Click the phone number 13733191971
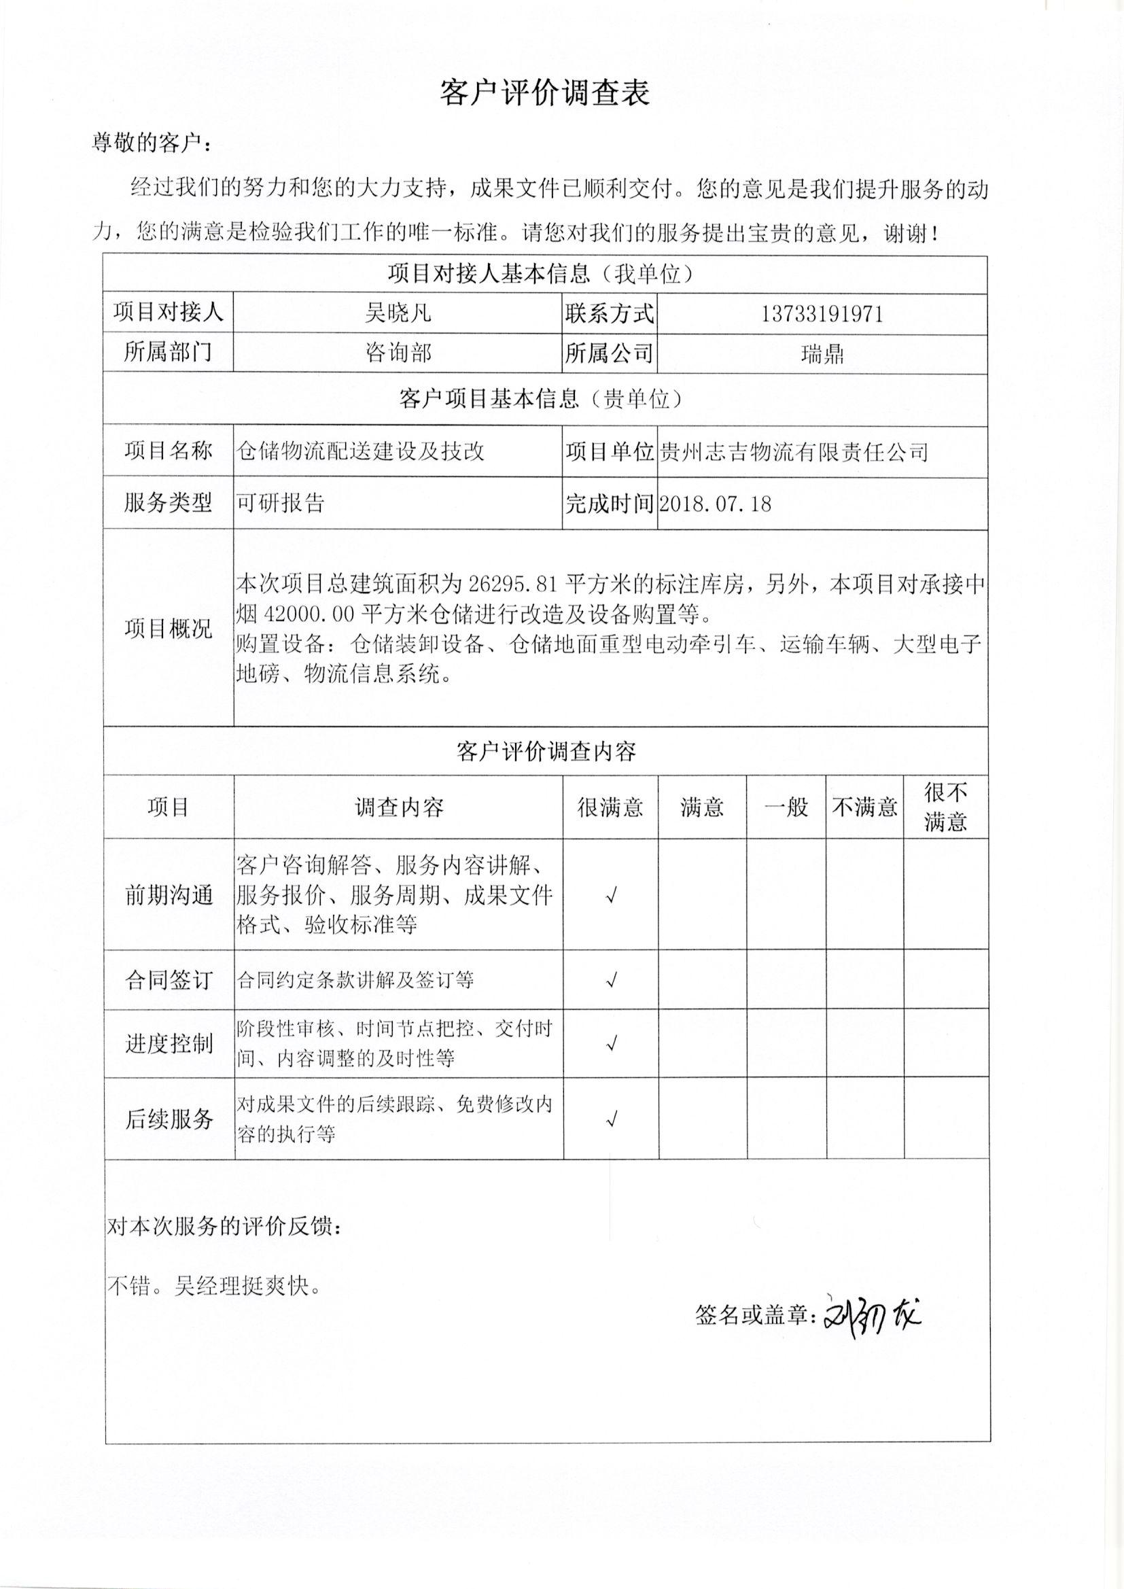[822, 314]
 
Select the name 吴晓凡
[398, 313]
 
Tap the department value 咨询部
[398, 353]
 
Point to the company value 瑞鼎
[822, 354]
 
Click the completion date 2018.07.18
[716, 503]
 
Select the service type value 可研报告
[280, 502]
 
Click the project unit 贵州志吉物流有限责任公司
[793, 452]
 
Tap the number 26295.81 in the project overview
[512, 584]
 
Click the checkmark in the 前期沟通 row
[610, 896]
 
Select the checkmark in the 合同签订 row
[610, 980]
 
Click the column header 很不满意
[945, 807]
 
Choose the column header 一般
[786, 807]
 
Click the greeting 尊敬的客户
[149, 144]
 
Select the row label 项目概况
[168, 629]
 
